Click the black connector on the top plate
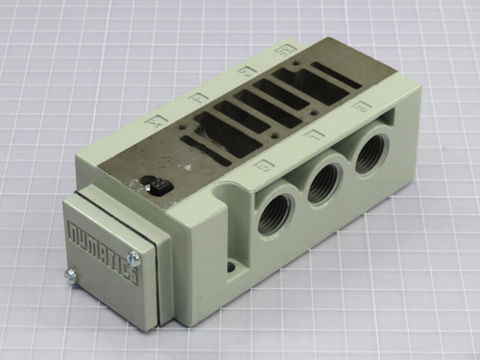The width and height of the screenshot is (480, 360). [x=154, y=185]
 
